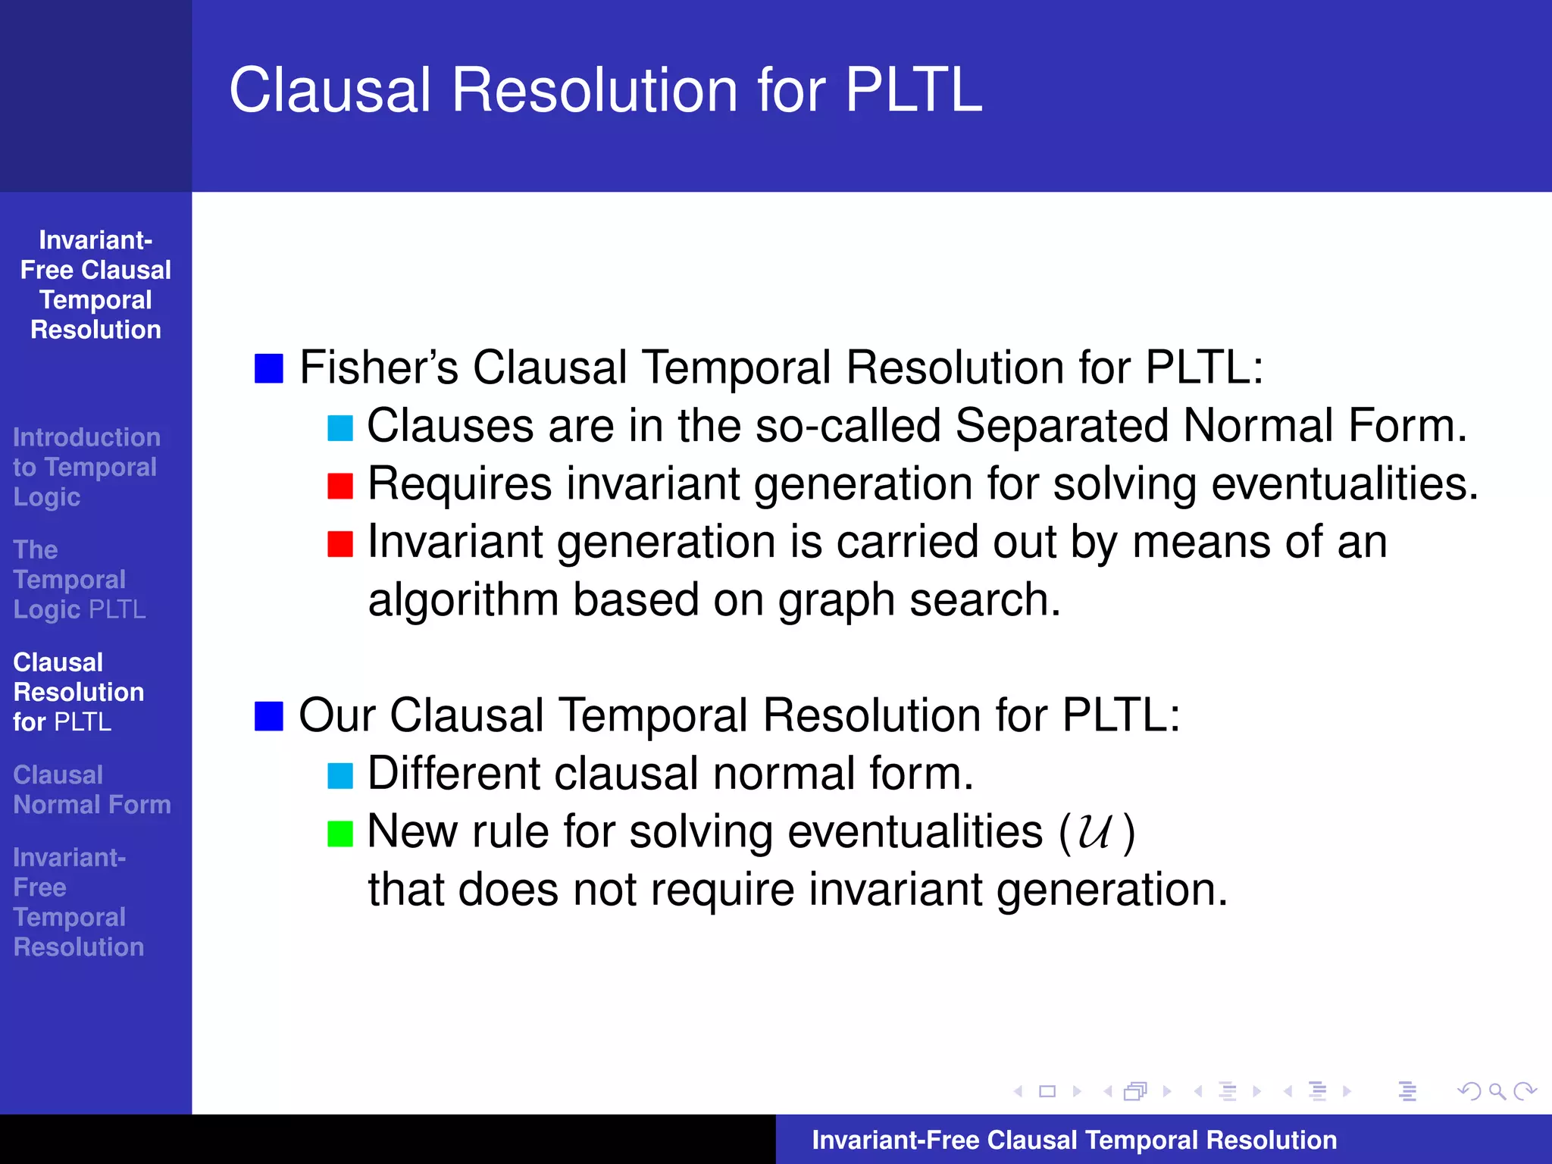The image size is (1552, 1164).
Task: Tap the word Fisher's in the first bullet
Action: coord(379,368)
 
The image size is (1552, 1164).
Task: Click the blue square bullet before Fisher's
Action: coord(268,368)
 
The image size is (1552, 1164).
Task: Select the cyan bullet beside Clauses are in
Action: coord(340,427)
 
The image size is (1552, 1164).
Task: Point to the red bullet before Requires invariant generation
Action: coord(340,486)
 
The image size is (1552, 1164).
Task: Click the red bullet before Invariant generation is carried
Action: coord(340,543)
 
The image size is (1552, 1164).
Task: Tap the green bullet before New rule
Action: coord(340,833)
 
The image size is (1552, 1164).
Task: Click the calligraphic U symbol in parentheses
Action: coord(1095,832)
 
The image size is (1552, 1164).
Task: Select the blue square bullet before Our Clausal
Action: coord(268,715)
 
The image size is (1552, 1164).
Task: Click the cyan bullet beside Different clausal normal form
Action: coord(340,775)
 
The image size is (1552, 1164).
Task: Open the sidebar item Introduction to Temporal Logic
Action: coord(86,467)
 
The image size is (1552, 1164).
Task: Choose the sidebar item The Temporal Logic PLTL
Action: coord(79,580)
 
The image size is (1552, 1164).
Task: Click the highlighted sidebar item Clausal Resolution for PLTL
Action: coord(78,692)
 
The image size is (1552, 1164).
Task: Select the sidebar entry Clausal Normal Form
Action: coord(92,790)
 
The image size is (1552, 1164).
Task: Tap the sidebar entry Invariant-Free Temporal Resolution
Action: coord(78,902)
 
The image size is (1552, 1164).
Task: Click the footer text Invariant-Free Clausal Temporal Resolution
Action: coord(1074,1140)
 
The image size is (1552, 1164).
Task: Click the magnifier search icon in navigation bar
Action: coord(1497,1091)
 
